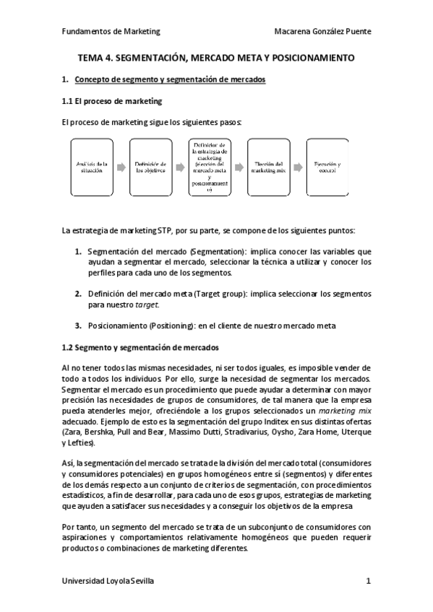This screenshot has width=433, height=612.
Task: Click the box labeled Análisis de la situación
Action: point(91,168)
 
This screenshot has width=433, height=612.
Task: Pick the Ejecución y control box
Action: point(327,168)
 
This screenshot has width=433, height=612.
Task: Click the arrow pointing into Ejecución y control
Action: point(298,168)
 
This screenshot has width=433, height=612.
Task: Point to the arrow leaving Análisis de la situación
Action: point(120,168)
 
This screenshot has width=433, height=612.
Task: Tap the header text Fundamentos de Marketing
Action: point(111,32)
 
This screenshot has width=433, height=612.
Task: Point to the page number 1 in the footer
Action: point(368,580)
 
